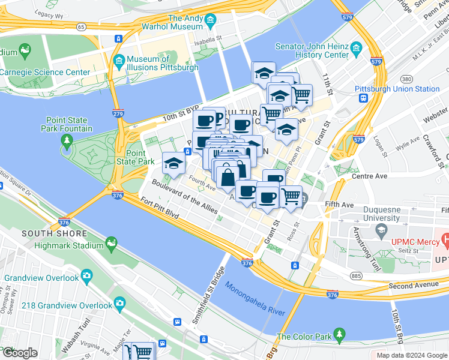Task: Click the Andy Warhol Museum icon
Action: click(210, 22)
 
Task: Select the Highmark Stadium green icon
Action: click(110, 242)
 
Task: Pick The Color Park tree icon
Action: click(340, 333)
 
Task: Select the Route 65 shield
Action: click(80, 26)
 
